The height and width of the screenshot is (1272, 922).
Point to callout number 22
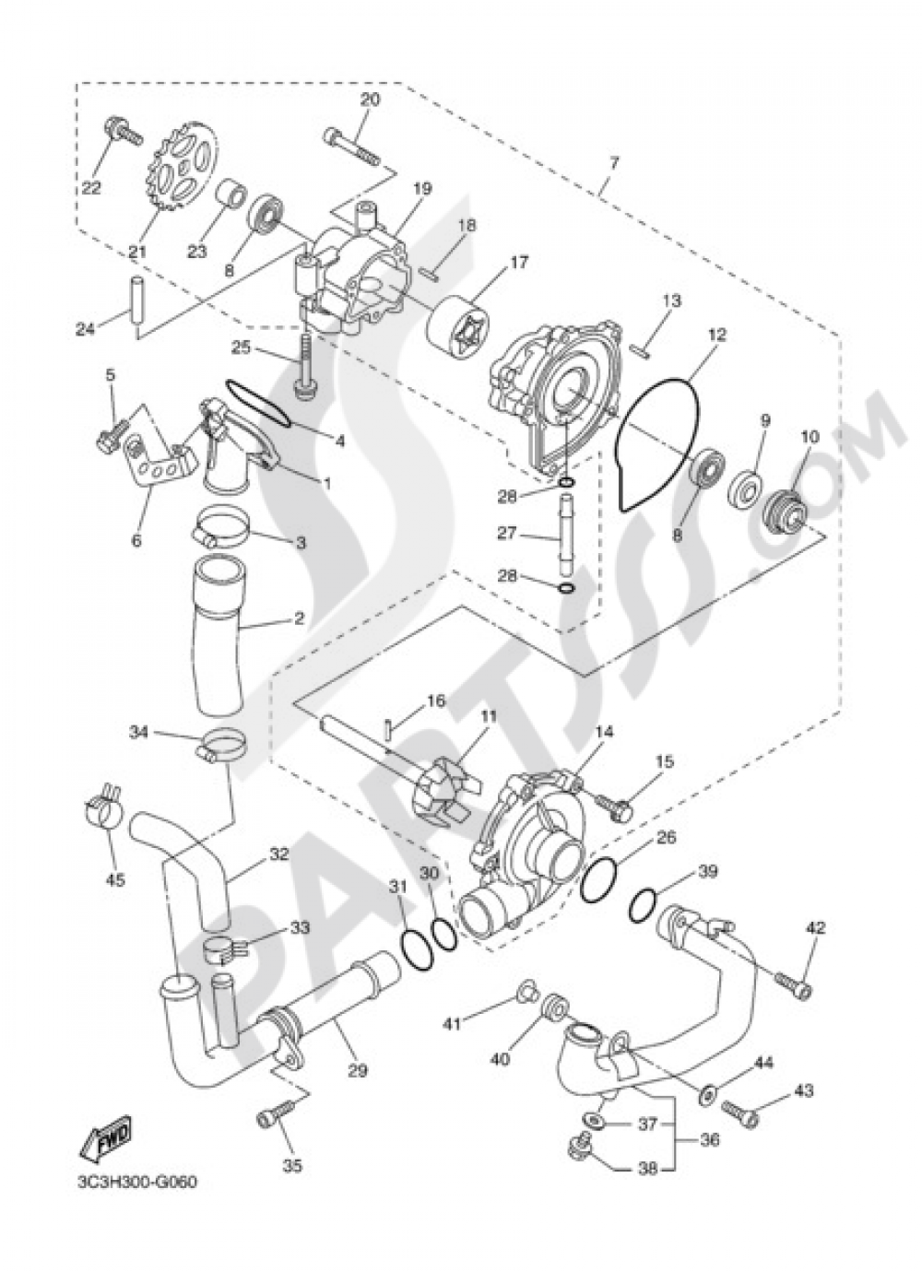pyautogui.click(x=92, y=187)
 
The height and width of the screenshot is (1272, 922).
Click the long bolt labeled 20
pyautogui.click(x=352, y=147)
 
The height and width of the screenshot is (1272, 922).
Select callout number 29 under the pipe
pyautogui.click(x=359, y=1071)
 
